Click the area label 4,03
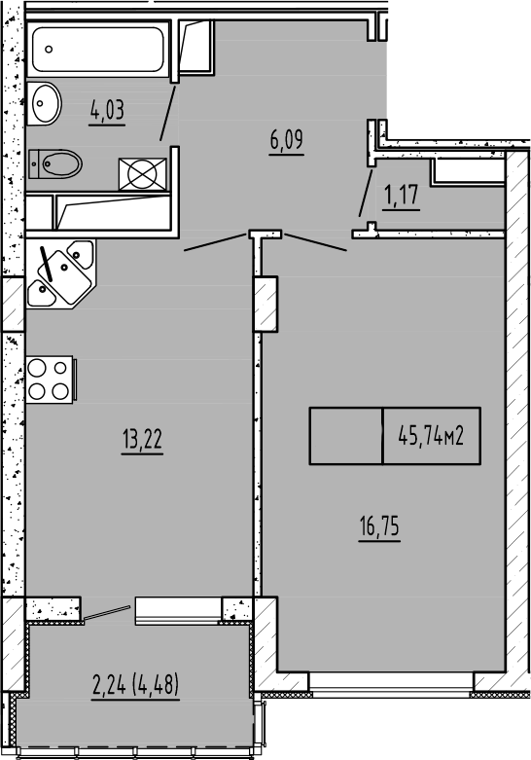[108, 110]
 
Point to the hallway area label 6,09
[287, 140]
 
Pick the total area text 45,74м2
[430, 435]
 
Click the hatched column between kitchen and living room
[265, 304]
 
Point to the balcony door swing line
[106, 612]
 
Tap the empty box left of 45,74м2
[346, 435]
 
